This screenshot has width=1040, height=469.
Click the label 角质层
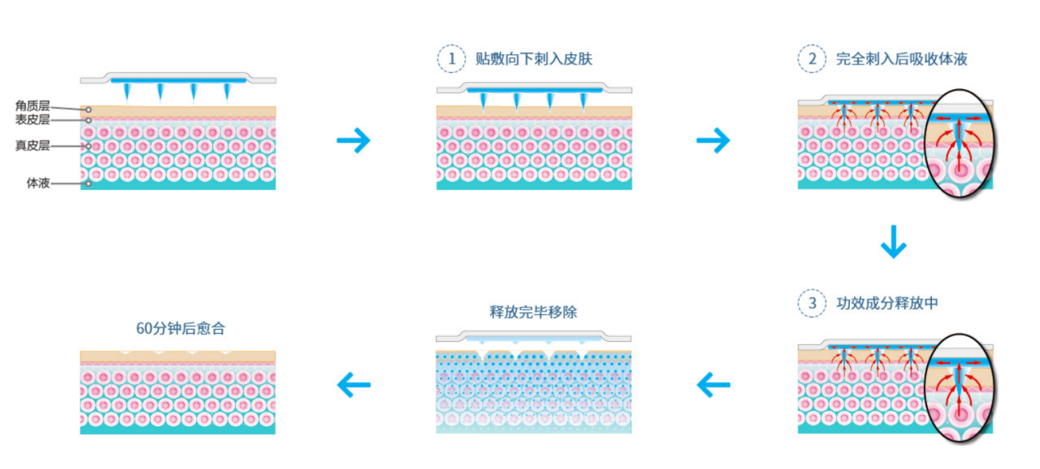click(33, 106)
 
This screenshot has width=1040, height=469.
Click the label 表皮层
click(33, 120)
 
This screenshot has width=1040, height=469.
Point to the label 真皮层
click(33, 146)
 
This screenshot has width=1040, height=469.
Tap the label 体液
click(39, 183)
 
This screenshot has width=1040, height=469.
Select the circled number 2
click(811, 59)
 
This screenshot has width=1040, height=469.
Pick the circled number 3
click(811, 303)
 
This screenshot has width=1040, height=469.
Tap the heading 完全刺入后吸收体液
click(901, 59)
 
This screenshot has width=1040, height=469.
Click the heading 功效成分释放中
click(887, 303)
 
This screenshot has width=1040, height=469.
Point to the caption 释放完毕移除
click(534, 312)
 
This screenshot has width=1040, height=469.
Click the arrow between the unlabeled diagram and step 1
click(353, 140)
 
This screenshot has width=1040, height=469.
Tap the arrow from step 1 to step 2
click(713, 140)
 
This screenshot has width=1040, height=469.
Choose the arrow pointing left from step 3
click(713, 383)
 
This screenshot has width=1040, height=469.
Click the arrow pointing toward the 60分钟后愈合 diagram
click(353, 383)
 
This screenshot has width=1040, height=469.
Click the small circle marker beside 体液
click(89, 184)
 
